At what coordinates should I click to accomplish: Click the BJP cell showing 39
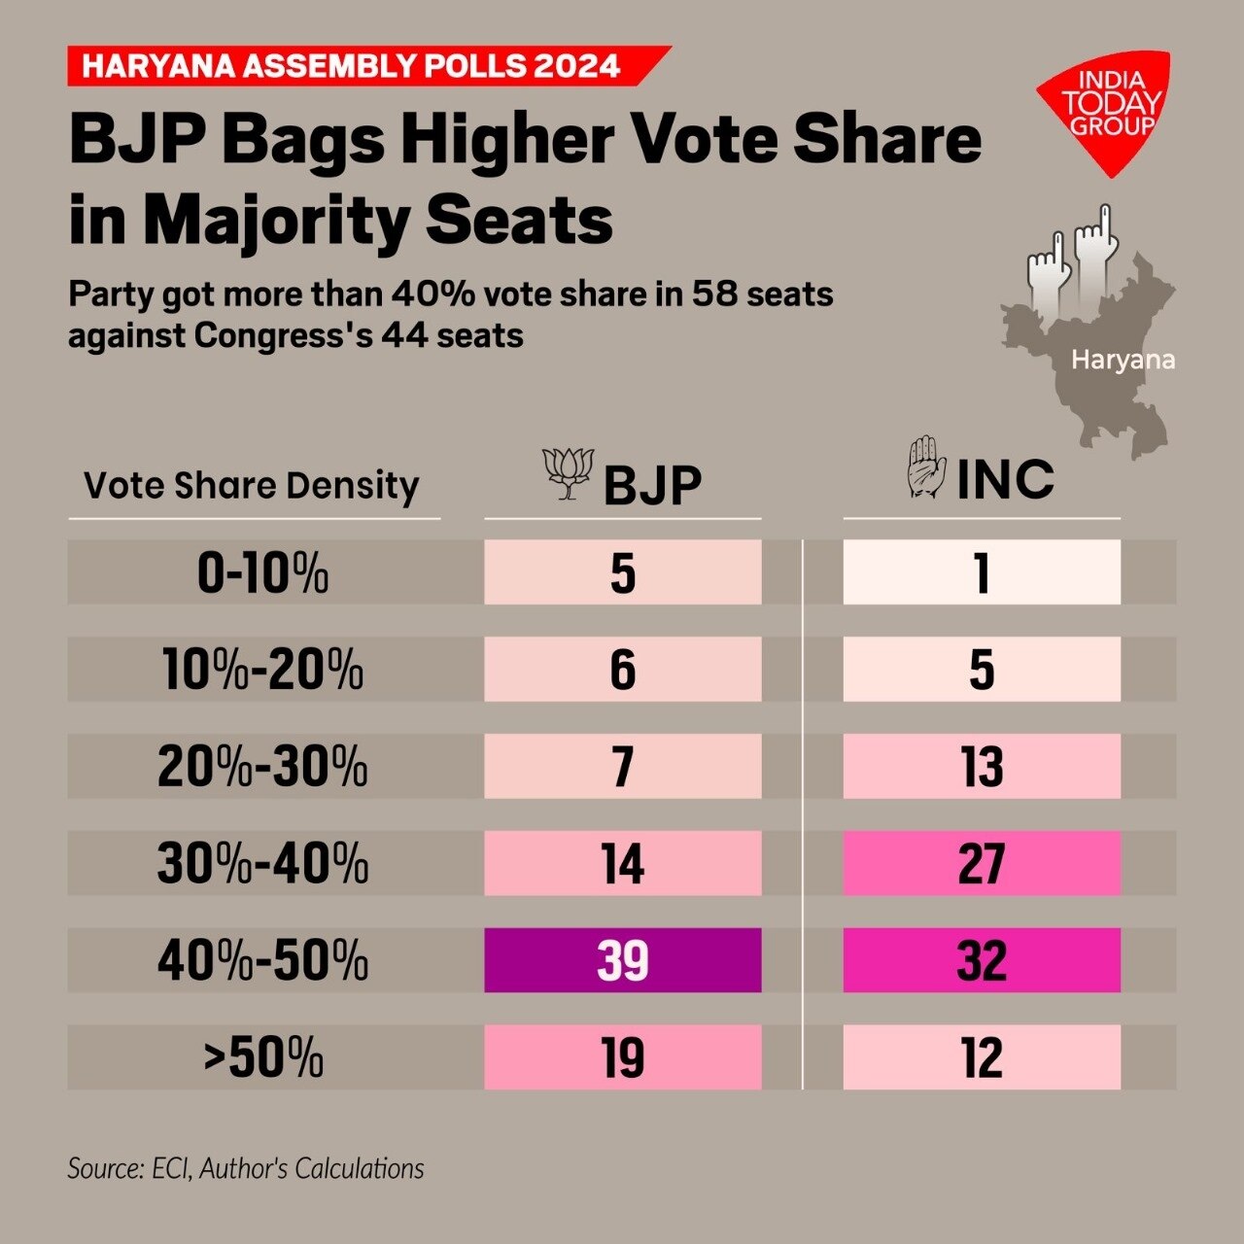622,960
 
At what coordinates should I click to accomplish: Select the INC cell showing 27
982,863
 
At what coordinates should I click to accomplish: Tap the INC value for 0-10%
982,572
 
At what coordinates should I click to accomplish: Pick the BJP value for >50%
622,1057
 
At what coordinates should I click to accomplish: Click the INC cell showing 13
982,766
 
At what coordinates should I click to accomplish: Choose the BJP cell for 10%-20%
622,670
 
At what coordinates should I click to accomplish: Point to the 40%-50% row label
262,960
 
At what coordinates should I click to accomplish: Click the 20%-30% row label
262,766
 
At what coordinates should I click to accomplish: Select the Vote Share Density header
252,485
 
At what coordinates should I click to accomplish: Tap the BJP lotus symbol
569,473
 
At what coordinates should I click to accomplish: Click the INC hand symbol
926,468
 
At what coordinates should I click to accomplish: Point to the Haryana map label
1123,361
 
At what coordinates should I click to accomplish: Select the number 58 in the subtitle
712,294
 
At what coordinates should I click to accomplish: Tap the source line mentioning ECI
246,1168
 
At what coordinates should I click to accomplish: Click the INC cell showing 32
982,960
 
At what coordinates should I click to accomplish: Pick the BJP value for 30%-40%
622,863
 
